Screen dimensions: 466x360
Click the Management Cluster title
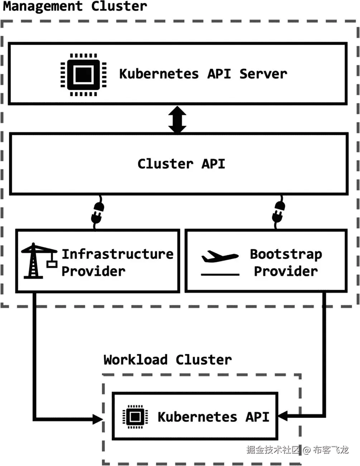(75, 6)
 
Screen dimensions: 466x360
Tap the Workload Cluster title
(168, 360)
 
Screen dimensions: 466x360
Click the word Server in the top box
(263, 74)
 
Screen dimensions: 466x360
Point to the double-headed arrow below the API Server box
(178, 119)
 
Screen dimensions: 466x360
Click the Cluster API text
(181, 164)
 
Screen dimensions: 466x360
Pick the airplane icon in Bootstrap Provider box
(220, 256)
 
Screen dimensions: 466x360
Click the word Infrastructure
(117, 254)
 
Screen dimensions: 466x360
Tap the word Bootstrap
(286, 254)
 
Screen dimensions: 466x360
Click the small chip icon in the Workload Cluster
(135, 417)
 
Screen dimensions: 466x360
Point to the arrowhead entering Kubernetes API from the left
(98, 419)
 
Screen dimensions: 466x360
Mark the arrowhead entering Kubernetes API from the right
(283, 416)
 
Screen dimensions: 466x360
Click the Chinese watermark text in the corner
(297, 450)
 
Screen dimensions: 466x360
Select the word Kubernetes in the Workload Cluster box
(197, 417)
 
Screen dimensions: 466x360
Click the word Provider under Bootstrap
(286, 271)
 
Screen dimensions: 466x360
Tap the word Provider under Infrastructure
(93, 271)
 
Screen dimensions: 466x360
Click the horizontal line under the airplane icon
(220, 275)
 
